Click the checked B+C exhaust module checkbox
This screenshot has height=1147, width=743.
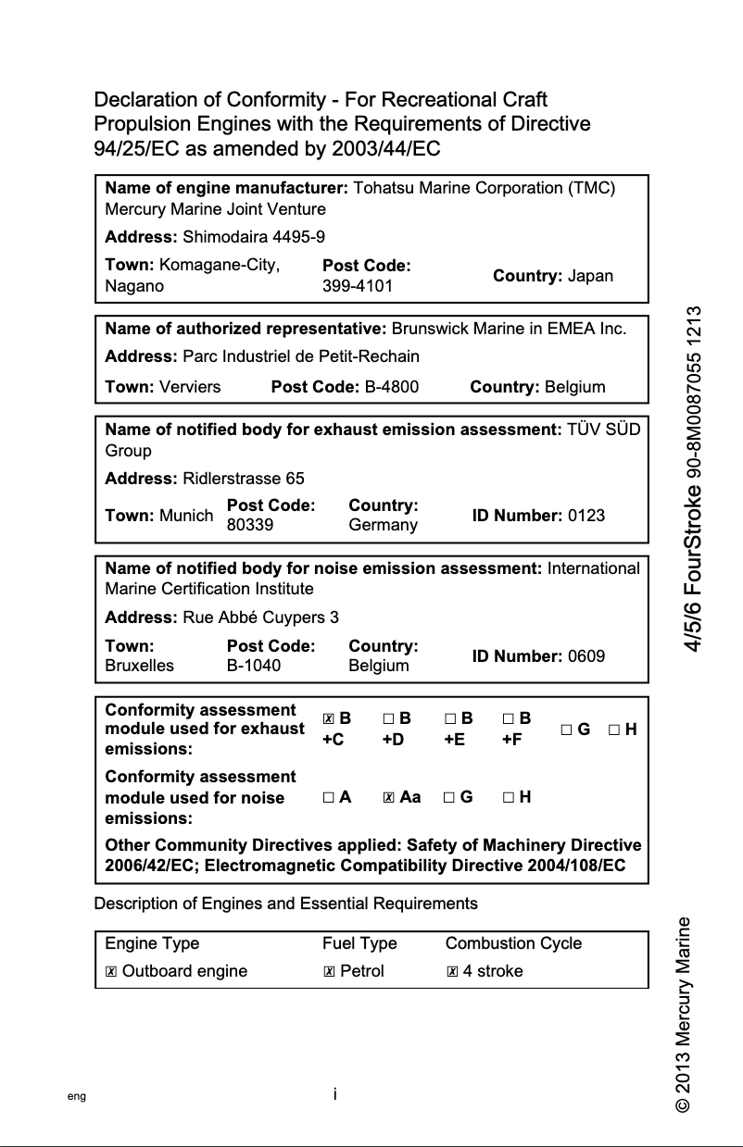pyautogui.click(x=329, y=718)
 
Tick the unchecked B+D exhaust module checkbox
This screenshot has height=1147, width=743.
pyautogui.click(x=388, y=718)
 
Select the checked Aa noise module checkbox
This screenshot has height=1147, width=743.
pyautogui.click(x=389, y=797)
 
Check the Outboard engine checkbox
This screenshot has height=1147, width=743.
pyautogui.click(x=111, y=972)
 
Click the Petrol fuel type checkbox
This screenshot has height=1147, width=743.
pyautogui.click(x=329, y=972)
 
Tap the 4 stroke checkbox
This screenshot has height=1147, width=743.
pyautogui.click(x=452, y=972)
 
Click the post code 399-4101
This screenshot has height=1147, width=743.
pyautogui.click(x=358, y=286)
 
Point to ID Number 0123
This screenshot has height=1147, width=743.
pyautogui.click(x=586, y=516)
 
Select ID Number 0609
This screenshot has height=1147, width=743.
pyautogui.click(x=586, y=656)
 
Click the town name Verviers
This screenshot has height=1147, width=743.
pyautogui.click(x=190, y=387)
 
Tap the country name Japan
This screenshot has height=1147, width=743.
pyautogui.click(x=590, y=276)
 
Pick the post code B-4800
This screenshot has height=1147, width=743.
pyautogui.click(x=391, y=387)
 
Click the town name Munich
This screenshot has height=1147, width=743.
pyautogui.click(x=186, y=516)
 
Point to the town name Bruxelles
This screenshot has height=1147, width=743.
pyautogui.click(x=140, y=666)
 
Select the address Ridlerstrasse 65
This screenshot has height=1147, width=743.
pyautogui.click(x=244, y=479)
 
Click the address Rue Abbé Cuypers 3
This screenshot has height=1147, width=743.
pyautogui.click(x=261, y=617)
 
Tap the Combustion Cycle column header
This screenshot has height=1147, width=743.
pyautogui.click(x=513, y=943)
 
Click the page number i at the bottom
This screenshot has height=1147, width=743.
pyautogui.click(x=334, y=1094)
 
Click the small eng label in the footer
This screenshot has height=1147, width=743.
pyautogui.click(x=77, y=1096)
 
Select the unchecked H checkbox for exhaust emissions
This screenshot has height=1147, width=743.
pyautogui.click(x=614, y=729)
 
